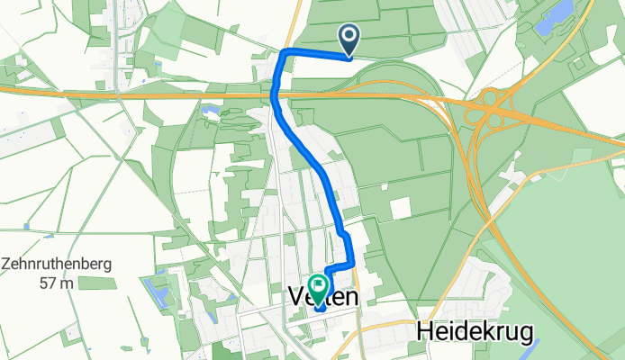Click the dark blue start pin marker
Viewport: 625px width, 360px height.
tap(349, 39)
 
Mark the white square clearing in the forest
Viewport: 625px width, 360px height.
tap(400, 208)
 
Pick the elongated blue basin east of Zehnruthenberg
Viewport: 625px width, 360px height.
tap(161, 289)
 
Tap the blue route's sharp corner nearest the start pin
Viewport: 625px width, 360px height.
tap(285, 52)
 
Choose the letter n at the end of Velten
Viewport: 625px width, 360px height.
tap(351, 297)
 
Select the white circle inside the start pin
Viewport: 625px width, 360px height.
tap(349, 35)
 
